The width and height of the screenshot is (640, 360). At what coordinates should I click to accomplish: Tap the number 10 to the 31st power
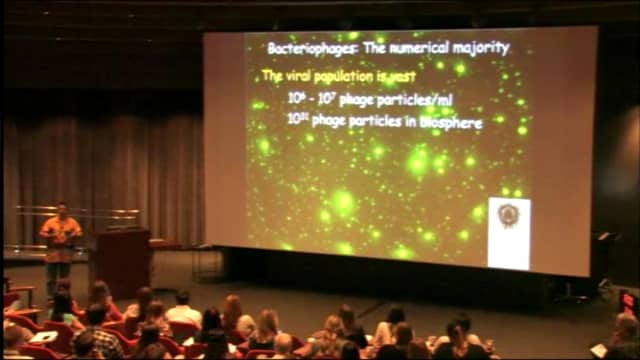click(x=296, y=121)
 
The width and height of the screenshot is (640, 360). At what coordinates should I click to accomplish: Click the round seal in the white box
click(x=508, y=217)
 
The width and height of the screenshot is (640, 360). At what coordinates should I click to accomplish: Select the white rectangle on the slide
click(x=508, y=232)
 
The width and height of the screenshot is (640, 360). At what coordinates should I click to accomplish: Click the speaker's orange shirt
click(x=59, y=233)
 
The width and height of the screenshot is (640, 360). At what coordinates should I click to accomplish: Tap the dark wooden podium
click(x=122, y=262)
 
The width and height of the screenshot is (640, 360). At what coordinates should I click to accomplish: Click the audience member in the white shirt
click(x=183, y=312)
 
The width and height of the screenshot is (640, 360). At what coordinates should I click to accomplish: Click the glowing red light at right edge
click(x=628, y=300)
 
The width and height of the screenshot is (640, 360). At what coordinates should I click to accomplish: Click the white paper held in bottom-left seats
click(x=42, y=336)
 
